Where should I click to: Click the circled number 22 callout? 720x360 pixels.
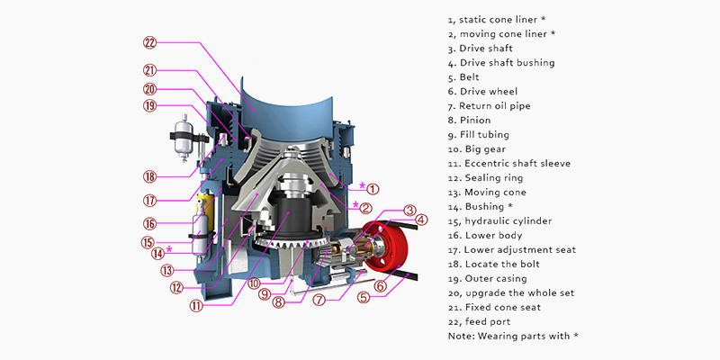(x=150, y=42)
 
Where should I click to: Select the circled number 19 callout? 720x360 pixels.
(x=149, y=106)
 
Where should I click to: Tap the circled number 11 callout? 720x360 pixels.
(x=196, y=306)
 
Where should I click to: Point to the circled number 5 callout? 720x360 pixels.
(x=364, y=298)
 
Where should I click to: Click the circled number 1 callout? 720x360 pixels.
(x=373, y=188)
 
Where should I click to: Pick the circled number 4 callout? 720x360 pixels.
(x=421, y=220)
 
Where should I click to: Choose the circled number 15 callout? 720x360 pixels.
(x=147, y=242)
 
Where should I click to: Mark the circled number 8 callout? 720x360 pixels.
(x=279, y=302)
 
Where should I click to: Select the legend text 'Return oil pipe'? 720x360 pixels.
(x=494, y=106)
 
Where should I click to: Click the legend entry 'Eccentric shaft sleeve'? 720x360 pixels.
(x=517, y=164)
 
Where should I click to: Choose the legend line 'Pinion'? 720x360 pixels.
(x=475, y=121)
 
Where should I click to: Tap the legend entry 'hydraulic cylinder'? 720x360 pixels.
(x=508, y=220)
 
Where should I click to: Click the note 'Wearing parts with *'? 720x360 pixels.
(x=513, y=336)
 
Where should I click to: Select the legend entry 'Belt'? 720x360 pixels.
(x=469, y=77)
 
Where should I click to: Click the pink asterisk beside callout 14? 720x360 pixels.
(x=169, y=249)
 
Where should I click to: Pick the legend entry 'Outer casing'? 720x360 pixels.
(x=496, y=278)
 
